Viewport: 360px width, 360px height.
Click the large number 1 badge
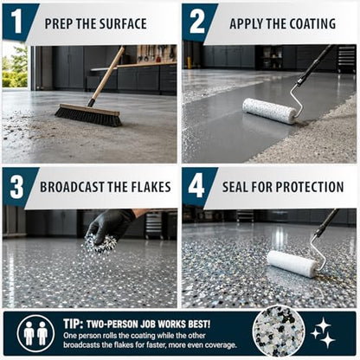[x=16, y=21]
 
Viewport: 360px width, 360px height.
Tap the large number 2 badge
[x=197, y=21]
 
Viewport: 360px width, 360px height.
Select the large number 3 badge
[x=16, y=186]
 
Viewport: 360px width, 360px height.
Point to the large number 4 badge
[x=196, y=186]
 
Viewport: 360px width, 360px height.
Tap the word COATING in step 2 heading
[x=312, y=23]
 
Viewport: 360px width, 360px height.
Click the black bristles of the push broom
[x=88, y=117]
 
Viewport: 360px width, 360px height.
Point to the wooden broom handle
[x=106, y=75]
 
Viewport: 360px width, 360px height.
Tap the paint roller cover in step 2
[x=269, y=111]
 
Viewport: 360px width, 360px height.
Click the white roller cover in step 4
[x=292, y=263]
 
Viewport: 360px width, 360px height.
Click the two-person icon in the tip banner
[x=35, y=333]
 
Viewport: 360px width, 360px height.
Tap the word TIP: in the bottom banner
[x=74, y=324]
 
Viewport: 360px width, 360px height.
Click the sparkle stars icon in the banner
[x=323, y=332]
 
